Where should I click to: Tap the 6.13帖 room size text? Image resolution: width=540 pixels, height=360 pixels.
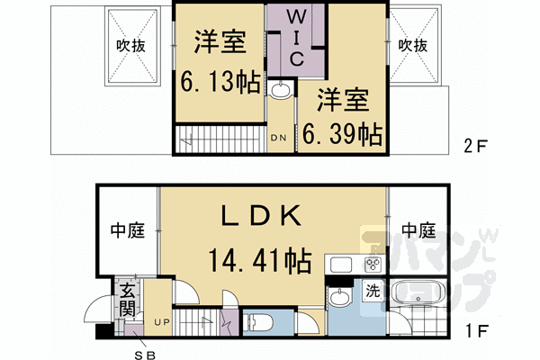tap(220, 83)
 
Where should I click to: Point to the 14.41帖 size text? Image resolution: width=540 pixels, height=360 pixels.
tap(262, 261)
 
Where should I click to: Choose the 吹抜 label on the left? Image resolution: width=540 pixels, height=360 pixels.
tap(131, 44)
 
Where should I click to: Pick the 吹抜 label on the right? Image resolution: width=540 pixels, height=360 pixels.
tap(413, 44)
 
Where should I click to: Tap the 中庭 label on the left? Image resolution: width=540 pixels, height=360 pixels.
tap(127, 231)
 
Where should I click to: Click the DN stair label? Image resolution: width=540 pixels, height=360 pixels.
tap(280, 138)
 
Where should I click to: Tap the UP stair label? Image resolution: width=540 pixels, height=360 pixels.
tap(163, 321)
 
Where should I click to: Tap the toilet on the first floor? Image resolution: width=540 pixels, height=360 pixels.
tap(257, 320)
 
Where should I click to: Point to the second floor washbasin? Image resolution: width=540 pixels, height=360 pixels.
tap(280, 90)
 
